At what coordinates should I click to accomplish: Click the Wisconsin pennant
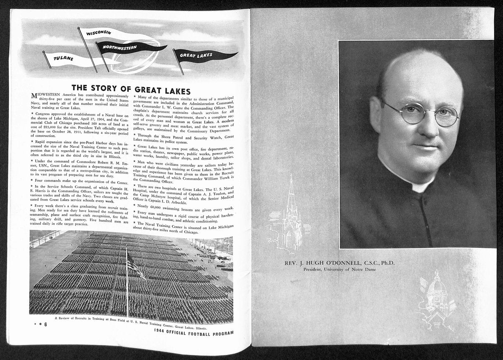tap(101, 33)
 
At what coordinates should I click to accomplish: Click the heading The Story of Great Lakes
tap(131, 90)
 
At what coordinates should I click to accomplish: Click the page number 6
tap(45, 324)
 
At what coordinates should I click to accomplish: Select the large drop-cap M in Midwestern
tap(35, 96)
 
